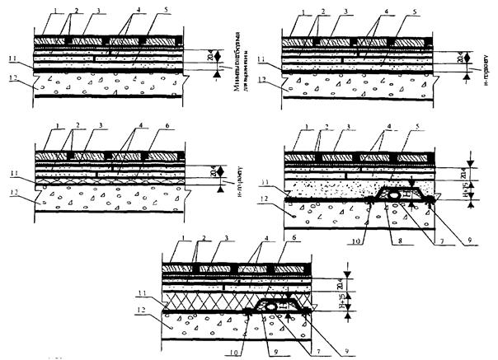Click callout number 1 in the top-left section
pyautogui.click(x=38, y=10)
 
